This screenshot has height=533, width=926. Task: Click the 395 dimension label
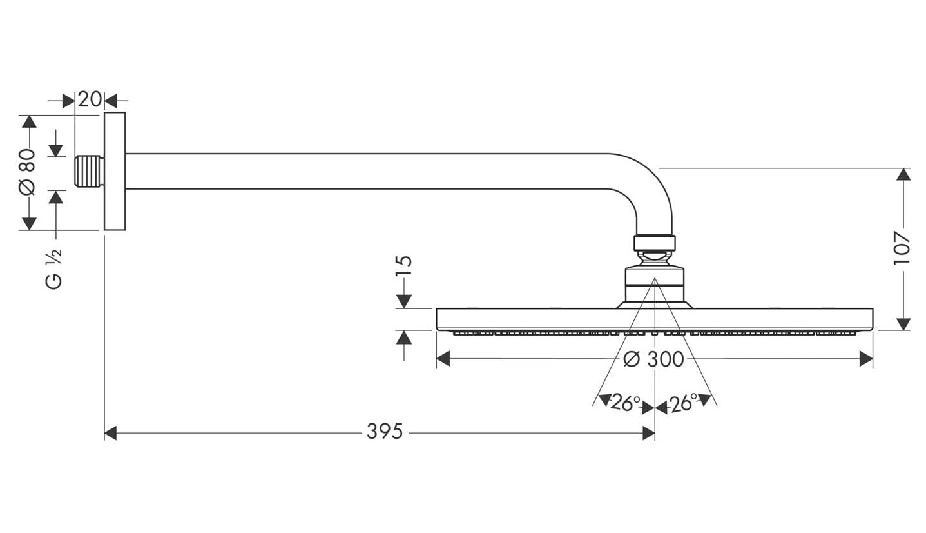click(x=385, y=432)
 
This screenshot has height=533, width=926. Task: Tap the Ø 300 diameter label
click(x=653, y=359)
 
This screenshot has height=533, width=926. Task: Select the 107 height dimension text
click(x=902, y=248)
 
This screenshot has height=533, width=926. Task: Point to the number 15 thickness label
click(x=404, y=265)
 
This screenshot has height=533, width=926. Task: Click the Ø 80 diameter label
click(x=27, y=172)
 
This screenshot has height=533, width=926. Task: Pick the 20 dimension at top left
click(x=90, y=99)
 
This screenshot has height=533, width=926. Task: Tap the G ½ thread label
click(x=53, y=269)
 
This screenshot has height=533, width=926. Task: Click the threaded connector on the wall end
click(x=89, y=172)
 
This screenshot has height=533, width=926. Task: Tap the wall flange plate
click(x=115, y=171)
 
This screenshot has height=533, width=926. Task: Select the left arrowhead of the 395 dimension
click(x=110, y=433)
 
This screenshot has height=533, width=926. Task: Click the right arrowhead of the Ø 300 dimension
click(x=866, y=358)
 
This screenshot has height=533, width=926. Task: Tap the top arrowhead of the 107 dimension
click(x=903, y=174)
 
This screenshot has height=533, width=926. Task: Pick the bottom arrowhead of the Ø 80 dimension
click(x=29, y=223)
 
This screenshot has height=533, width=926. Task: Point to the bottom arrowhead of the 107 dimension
click(x=903, y=324)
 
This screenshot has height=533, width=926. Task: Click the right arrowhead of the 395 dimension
click(x=649, y=433)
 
